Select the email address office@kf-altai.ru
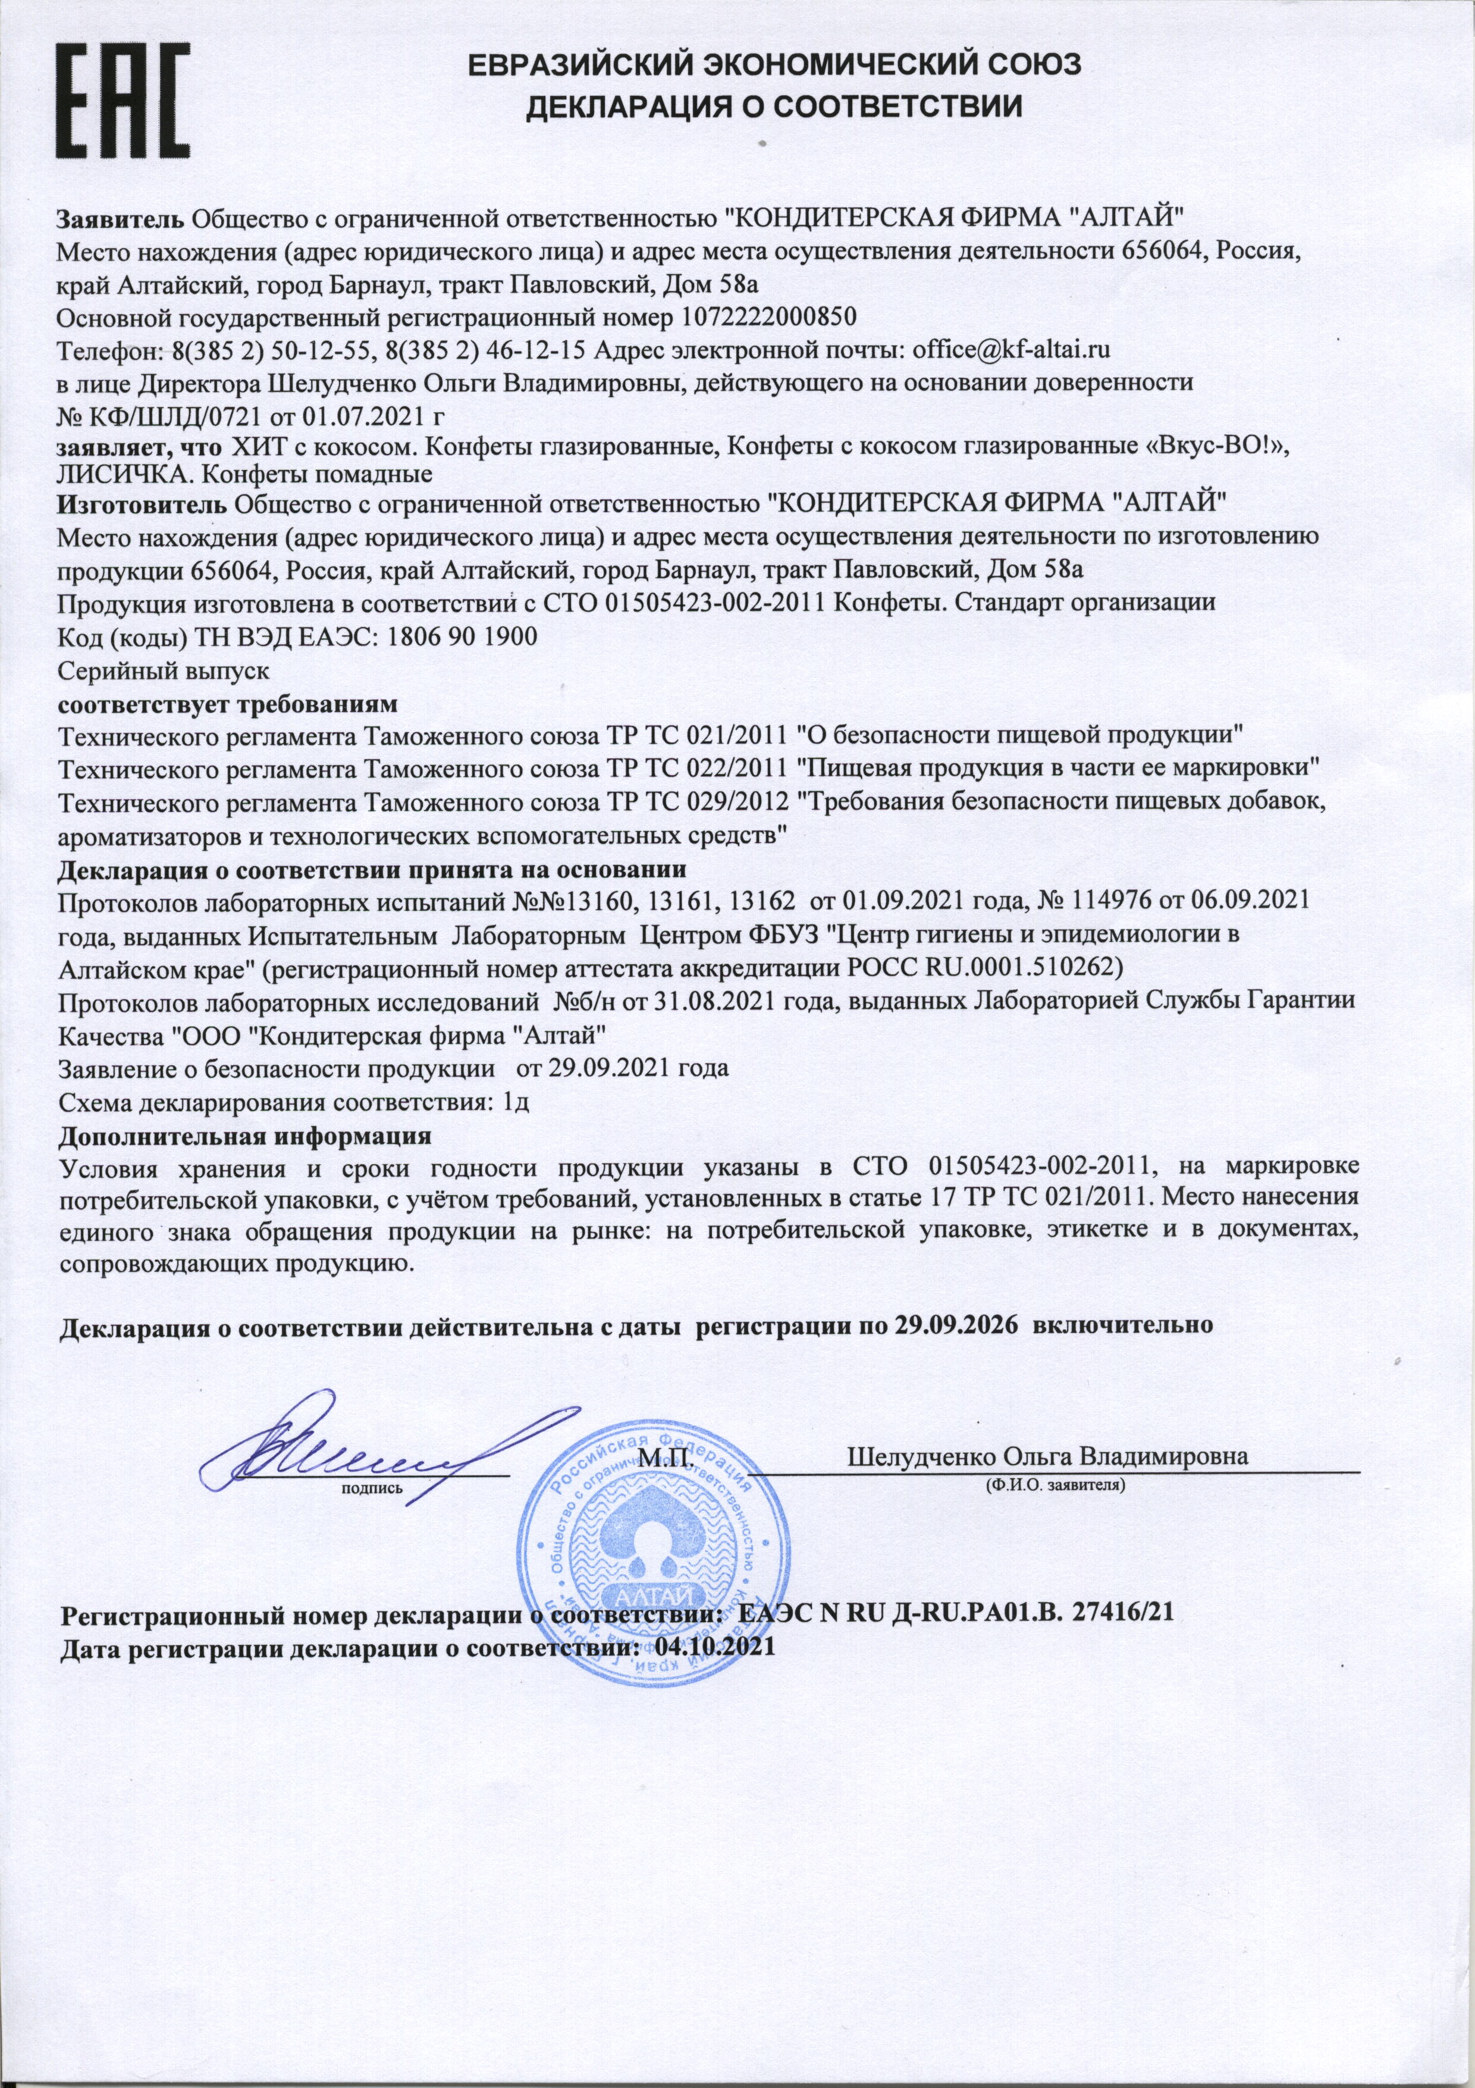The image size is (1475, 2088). [x=1012, y=349]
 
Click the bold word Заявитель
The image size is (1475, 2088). [x=122, y=218]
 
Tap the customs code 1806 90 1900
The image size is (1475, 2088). [x=462, y=636]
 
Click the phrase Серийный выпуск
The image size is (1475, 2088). [x=163, y=670]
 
